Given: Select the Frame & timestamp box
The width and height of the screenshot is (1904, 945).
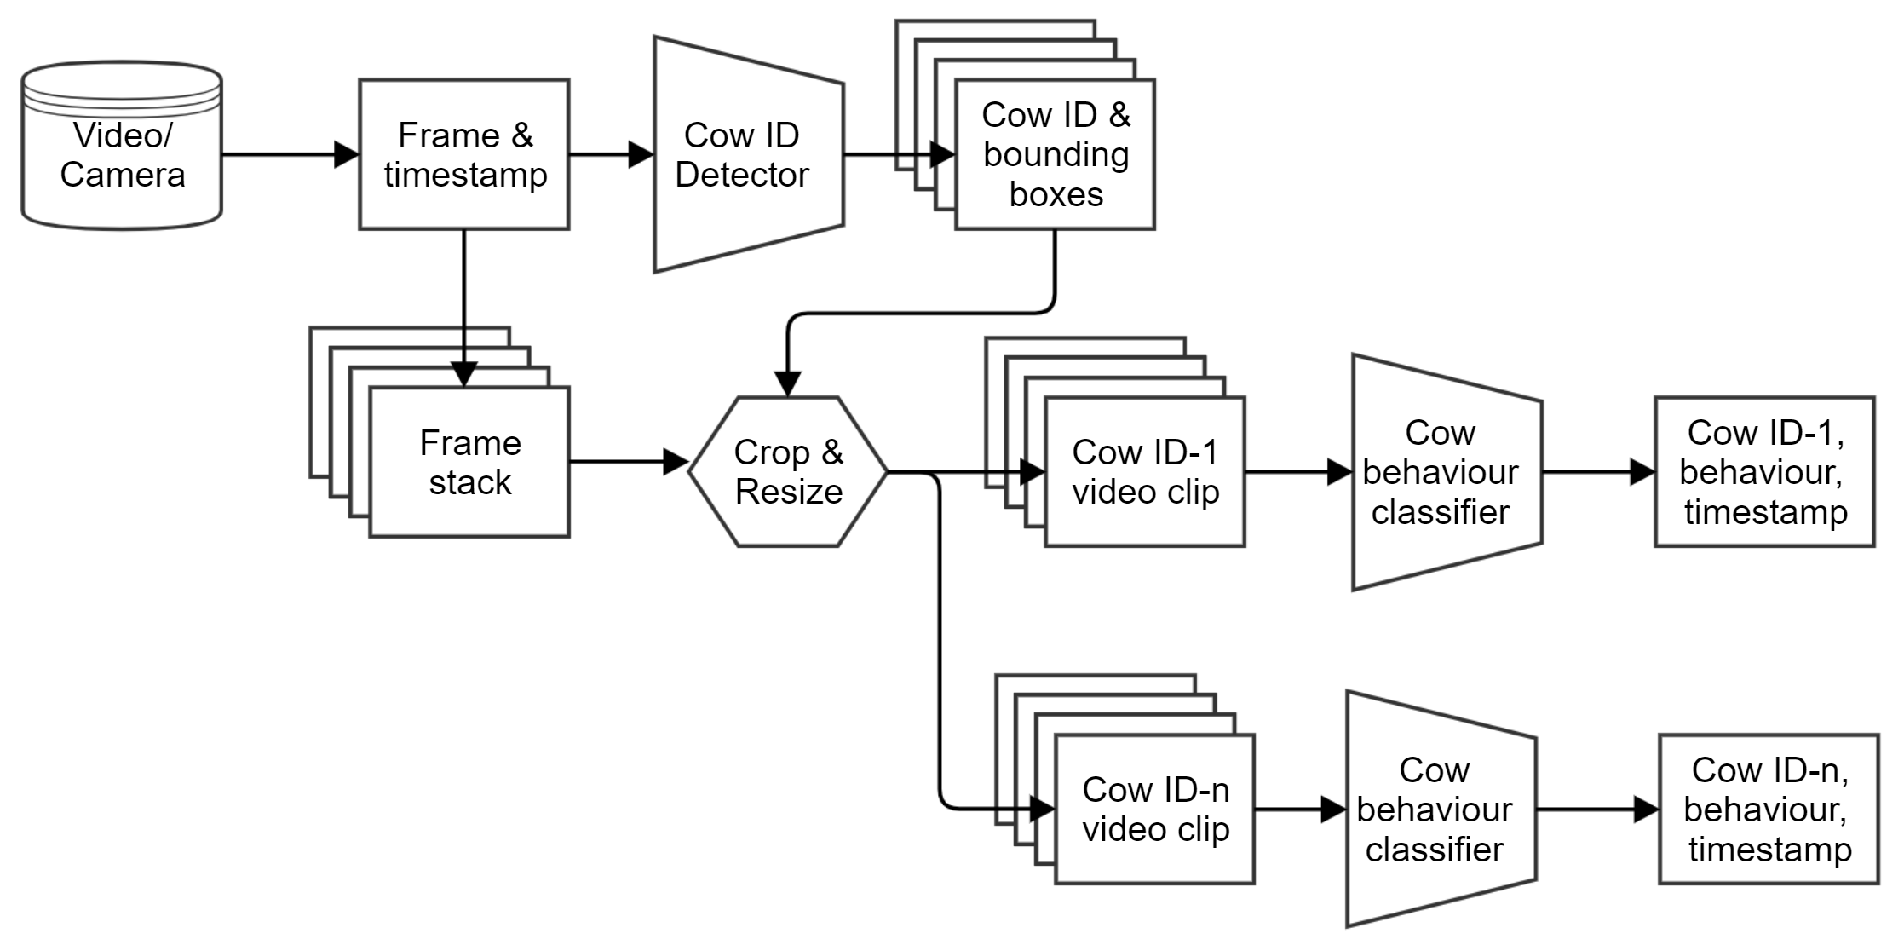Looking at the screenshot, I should (x=464, y=154).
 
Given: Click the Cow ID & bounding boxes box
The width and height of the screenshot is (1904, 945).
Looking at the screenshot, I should (x=1055, y=154).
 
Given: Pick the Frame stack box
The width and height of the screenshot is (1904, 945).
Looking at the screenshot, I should (x=469, y=462).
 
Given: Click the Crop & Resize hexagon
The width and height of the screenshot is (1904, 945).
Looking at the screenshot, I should (x=788, y=471).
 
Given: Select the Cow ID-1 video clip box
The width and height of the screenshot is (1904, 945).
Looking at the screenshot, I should (x=1144, y=471).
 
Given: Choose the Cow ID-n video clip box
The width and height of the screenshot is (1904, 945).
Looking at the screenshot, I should (x=1154, y=809).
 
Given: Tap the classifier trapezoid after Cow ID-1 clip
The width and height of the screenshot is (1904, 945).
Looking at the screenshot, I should (x=1447, y=471).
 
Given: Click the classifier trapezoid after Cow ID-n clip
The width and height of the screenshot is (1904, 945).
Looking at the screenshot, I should (x=1441, y=809).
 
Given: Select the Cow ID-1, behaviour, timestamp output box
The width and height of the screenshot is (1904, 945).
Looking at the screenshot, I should (x=1764, y=471).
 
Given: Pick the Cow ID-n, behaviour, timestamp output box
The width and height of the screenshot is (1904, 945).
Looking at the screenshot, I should (x=1769, y=809).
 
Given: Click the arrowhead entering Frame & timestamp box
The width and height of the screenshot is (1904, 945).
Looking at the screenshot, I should (x=347, y=154).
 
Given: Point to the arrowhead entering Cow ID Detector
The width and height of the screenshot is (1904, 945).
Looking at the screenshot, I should (x=641, y=154).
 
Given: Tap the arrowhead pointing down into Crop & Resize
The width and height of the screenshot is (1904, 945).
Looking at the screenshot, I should (x=788, y=384).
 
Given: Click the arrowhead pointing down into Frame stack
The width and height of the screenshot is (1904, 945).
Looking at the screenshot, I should (x=463, y=375).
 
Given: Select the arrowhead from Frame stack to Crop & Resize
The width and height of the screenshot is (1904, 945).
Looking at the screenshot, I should (x=676, y=462).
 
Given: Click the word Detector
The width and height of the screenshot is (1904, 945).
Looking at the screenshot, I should (x=742, y=175).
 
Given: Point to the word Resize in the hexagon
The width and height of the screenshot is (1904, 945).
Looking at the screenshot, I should (x=788, y=492).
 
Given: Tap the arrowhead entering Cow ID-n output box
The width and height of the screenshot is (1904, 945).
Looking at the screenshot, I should (x=1646, y=809).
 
